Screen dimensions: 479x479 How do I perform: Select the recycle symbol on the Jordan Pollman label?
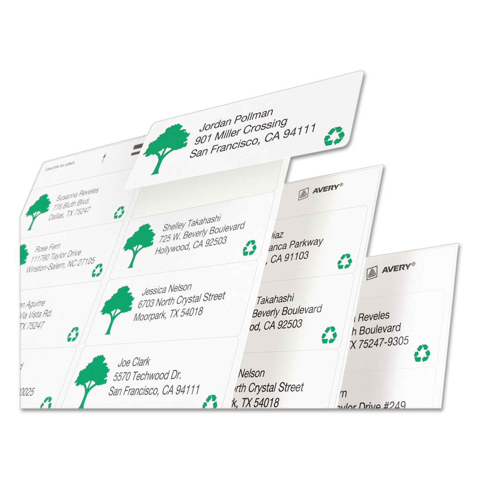coord(334,136)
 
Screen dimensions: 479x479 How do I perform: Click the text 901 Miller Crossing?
coord(241,133)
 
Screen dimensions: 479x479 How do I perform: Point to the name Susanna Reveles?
coord(78,194)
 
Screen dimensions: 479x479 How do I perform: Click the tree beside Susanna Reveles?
coord(38,211)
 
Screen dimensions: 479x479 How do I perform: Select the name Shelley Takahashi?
coord(192,223)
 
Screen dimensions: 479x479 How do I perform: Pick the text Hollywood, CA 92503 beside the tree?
coord(191,245)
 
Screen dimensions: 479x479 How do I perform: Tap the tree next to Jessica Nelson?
coord(117,308)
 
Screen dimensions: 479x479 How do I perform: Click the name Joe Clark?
coord(134,362)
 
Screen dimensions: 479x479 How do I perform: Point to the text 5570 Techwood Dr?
coord(147,376)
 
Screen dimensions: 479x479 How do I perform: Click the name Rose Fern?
coord(47,248)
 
